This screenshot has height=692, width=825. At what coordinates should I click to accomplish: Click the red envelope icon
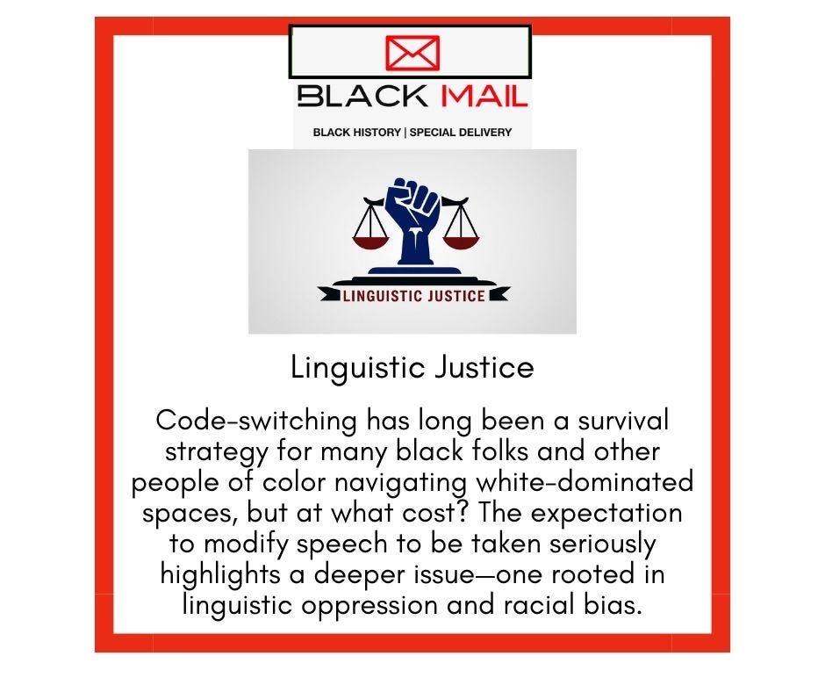(412, 54)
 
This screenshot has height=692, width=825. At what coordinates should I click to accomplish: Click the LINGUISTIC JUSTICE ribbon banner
(412, 295)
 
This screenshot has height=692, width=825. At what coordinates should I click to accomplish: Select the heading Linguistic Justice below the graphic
(412, 367)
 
